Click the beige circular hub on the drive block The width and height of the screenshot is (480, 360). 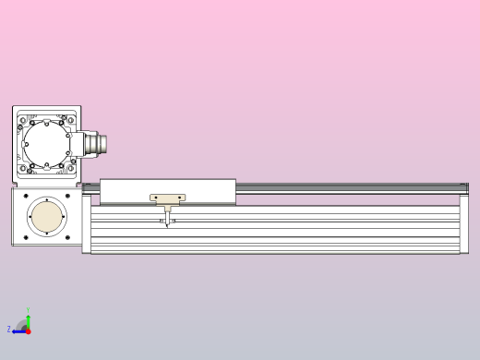coord(47,217)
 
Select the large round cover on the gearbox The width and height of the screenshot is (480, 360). coord(46,145)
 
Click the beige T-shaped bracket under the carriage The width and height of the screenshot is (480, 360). coord(167,198)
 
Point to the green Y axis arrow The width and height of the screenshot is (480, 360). coord(28,317)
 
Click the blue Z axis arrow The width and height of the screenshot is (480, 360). coord(18,330)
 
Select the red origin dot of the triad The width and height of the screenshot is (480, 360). coord(28,330)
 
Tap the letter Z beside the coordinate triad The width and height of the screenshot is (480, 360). coord(9,330)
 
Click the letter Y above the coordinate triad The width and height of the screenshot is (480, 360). coord(28,310)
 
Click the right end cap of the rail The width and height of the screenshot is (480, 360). coord(464,222)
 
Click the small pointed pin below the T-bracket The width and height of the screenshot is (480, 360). coord(167,222)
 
